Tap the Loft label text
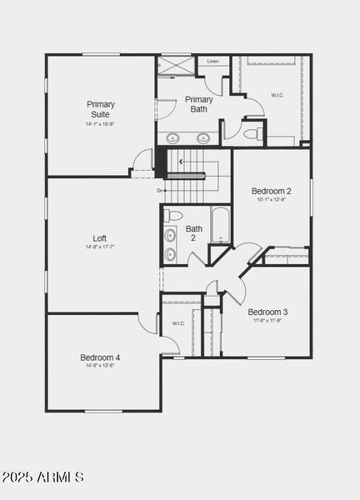coord(100,238)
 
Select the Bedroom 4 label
coord(100,357)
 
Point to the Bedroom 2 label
coord(271,191)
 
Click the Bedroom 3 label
coord(267,312)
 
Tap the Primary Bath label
coord(199,104)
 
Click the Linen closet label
coord(212,62)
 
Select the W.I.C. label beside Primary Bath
coord(278,95)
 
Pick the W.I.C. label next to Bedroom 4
coord(178,323)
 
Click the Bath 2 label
coord(194,233)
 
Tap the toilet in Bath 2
coord(173,216)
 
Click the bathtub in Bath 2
coord(220,225)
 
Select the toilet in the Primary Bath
coord(253,133)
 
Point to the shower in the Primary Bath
coord(175,66)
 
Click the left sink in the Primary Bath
coord(173,138)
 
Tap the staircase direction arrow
coord(187,175)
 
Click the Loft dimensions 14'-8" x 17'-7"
coord(100,247)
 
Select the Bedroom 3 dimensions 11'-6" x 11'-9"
coord(267,321)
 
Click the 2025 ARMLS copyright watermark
coord(42,477)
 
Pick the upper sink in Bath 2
coord(170,235)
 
